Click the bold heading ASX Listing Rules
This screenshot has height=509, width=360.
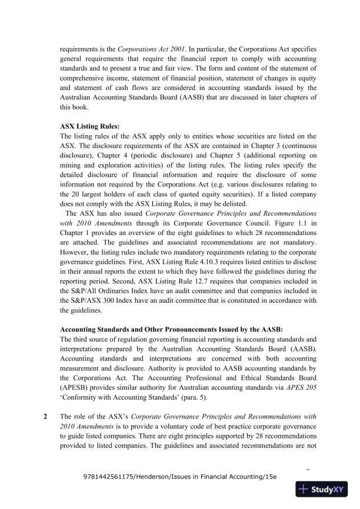pyautogui.click(x=90, y=126)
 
